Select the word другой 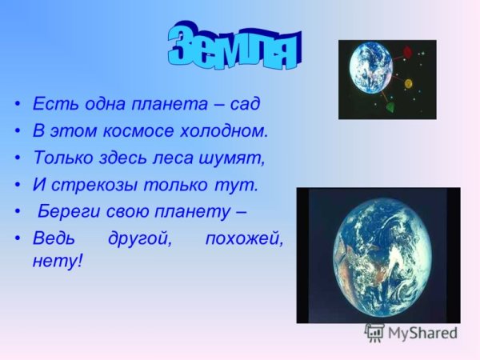point(133,239)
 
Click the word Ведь point(51,239)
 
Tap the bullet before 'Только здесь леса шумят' point(17,158)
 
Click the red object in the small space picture point(407,53)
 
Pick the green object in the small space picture point(390,106)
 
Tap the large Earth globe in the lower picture point(378,255)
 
